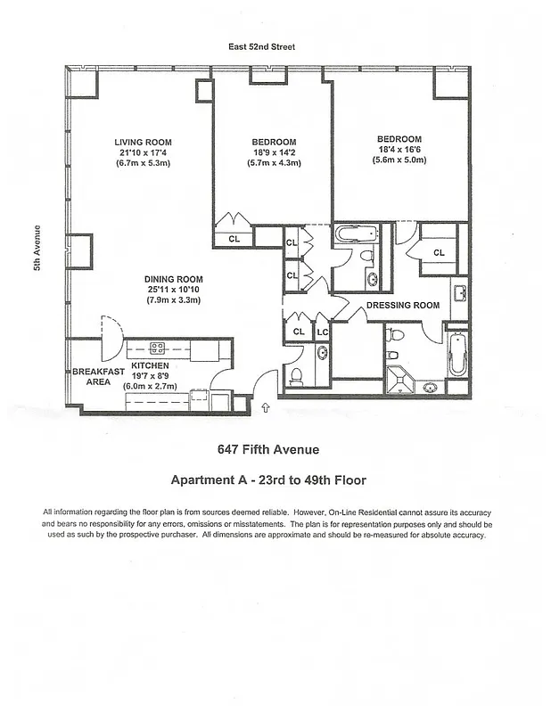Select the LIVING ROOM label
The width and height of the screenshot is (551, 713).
pyautogui.click(x=143, y=143)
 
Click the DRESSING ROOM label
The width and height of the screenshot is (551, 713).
pyautogui.click(x=403, y=306)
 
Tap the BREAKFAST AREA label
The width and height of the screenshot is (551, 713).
pyautogui.click(x=91, y=376)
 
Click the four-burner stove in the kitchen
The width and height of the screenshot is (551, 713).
pyautogui.click(x=157, y=348)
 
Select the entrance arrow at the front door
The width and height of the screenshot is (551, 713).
pyautogui.click(x=266, y=407)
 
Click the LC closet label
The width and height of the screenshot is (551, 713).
pyautogui.click(x=323, y=332)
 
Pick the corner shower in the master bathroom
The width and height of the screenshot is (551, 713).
pyautogui.click(x=401, y=379)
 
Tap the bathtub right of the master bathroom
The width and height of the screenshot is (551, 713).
pyautogui.click(x=456, y=356)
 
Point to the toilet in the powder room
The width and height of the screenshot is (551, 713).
pyautogui.click(x=297, y=374)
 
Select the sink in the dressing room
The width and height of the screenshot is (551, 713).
pyautogui.click(x=458, y=292)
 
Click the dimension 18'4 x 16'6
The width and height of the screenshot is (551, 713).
pyautogui.click(x=399, y=150)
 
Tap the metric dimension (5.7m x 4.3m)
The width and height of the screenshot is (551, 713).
pyautogui.click(x=274, y=164)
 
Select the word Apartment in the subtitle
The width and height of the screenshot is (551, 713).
pyautogui.click(x=202, y=480)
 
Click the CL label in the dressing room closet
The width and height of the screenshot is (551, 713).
pyautogui.click(x=439, y=253)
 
